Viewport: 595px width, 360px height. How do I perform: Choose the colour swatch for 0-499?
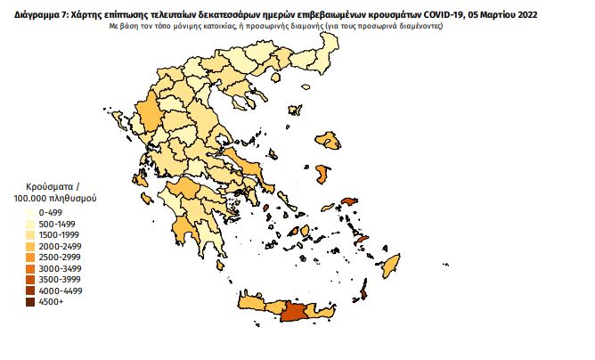(31, 213)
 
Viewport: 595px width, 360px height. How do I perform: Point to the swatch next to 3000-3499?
(31, 267)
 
